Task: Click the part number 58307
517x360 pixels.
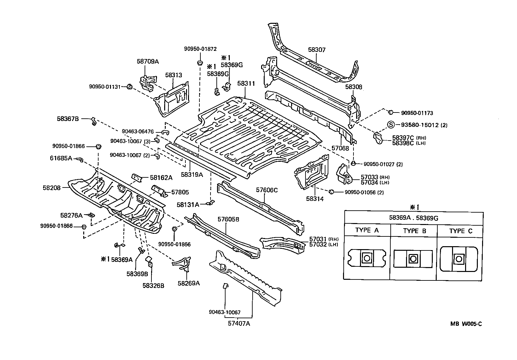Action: pos(317,50)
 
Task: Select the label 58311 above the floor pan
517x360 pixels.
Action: pos(246,83)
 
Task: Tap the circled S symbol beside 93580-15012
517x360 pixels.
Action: pos(391,125)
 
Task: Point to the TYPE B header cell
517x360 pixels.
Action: pos(415,231)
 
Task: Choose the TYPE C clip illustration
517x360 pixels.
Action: pos(459,259)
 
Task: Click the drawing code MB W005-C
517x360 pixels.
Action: pos(466,324)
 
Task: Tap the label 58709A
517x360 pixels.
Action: pos(148,61)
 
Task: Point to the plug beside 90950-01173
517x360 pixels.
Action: pos(390,113)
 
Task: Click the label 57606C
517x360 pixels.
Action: pos(267,190)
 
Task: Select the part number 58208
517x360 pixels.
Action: pos(51,187)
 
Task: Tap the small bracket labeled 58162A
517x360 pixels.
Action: pos(137,178)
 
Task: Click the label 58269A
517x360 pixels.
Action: pos(188,283)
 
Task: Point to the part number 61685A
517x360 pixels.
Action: pos(61,158)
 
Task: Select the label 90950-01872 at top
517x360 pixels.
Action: pos(200,49)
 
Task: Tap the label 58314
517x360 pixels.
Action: pos(315,199)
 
